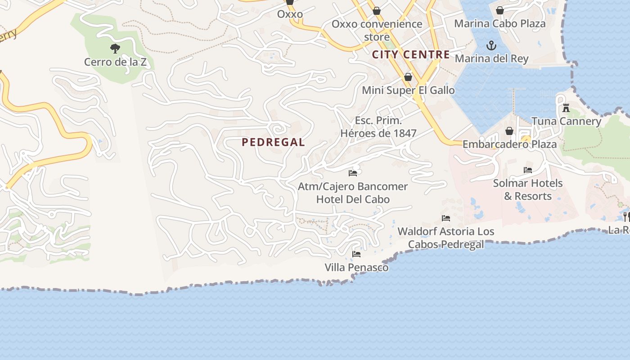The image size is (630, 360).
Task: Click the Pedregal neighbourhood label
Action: point(273,142)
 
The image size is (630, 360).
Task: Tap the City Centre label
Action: point(411,55)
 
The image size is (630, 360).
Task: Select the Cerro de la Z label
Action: point(115,62)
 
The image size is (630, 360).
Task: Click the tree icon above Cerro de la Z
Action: point(115,49)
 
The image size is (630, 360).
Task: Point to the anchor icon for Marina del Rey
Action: point(491,45)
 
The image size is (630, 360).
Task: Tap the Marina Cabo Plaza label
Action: point(499,23)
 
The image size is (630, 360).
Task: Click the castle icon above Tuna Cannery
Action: point(566,108)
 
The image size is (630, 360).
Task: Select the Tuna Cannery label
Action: point(566,121)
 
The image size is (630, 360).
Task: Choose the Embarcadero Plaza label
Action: point(509,144)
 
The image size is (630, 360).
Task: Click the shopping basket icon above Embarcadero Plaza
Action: point(509,131)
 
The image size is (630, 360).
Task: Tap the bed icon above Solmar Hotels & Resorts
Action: point(528,170)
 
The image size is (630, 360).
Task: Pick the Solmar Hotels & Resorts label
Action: point(528,189)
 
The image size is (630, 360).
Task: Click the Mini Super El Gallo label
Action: point(408,90)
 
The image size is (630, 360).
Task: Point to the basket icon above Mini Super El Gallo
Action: point(408,77)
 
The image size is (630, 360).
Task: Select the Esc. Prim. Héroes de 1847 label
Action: point(378,127)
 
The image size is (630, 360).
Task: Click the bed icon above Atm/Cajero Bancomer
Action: point(353,173)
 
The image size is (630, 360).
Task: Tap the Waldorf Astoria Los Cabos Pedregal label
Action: point(446,238)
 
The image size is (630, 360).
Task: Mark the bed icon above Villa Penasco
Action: point(356,254)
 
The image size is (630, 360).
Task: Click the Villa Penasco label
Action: point(356,268)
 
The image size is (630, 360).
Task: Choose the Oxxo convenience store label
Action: point(377,30)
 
